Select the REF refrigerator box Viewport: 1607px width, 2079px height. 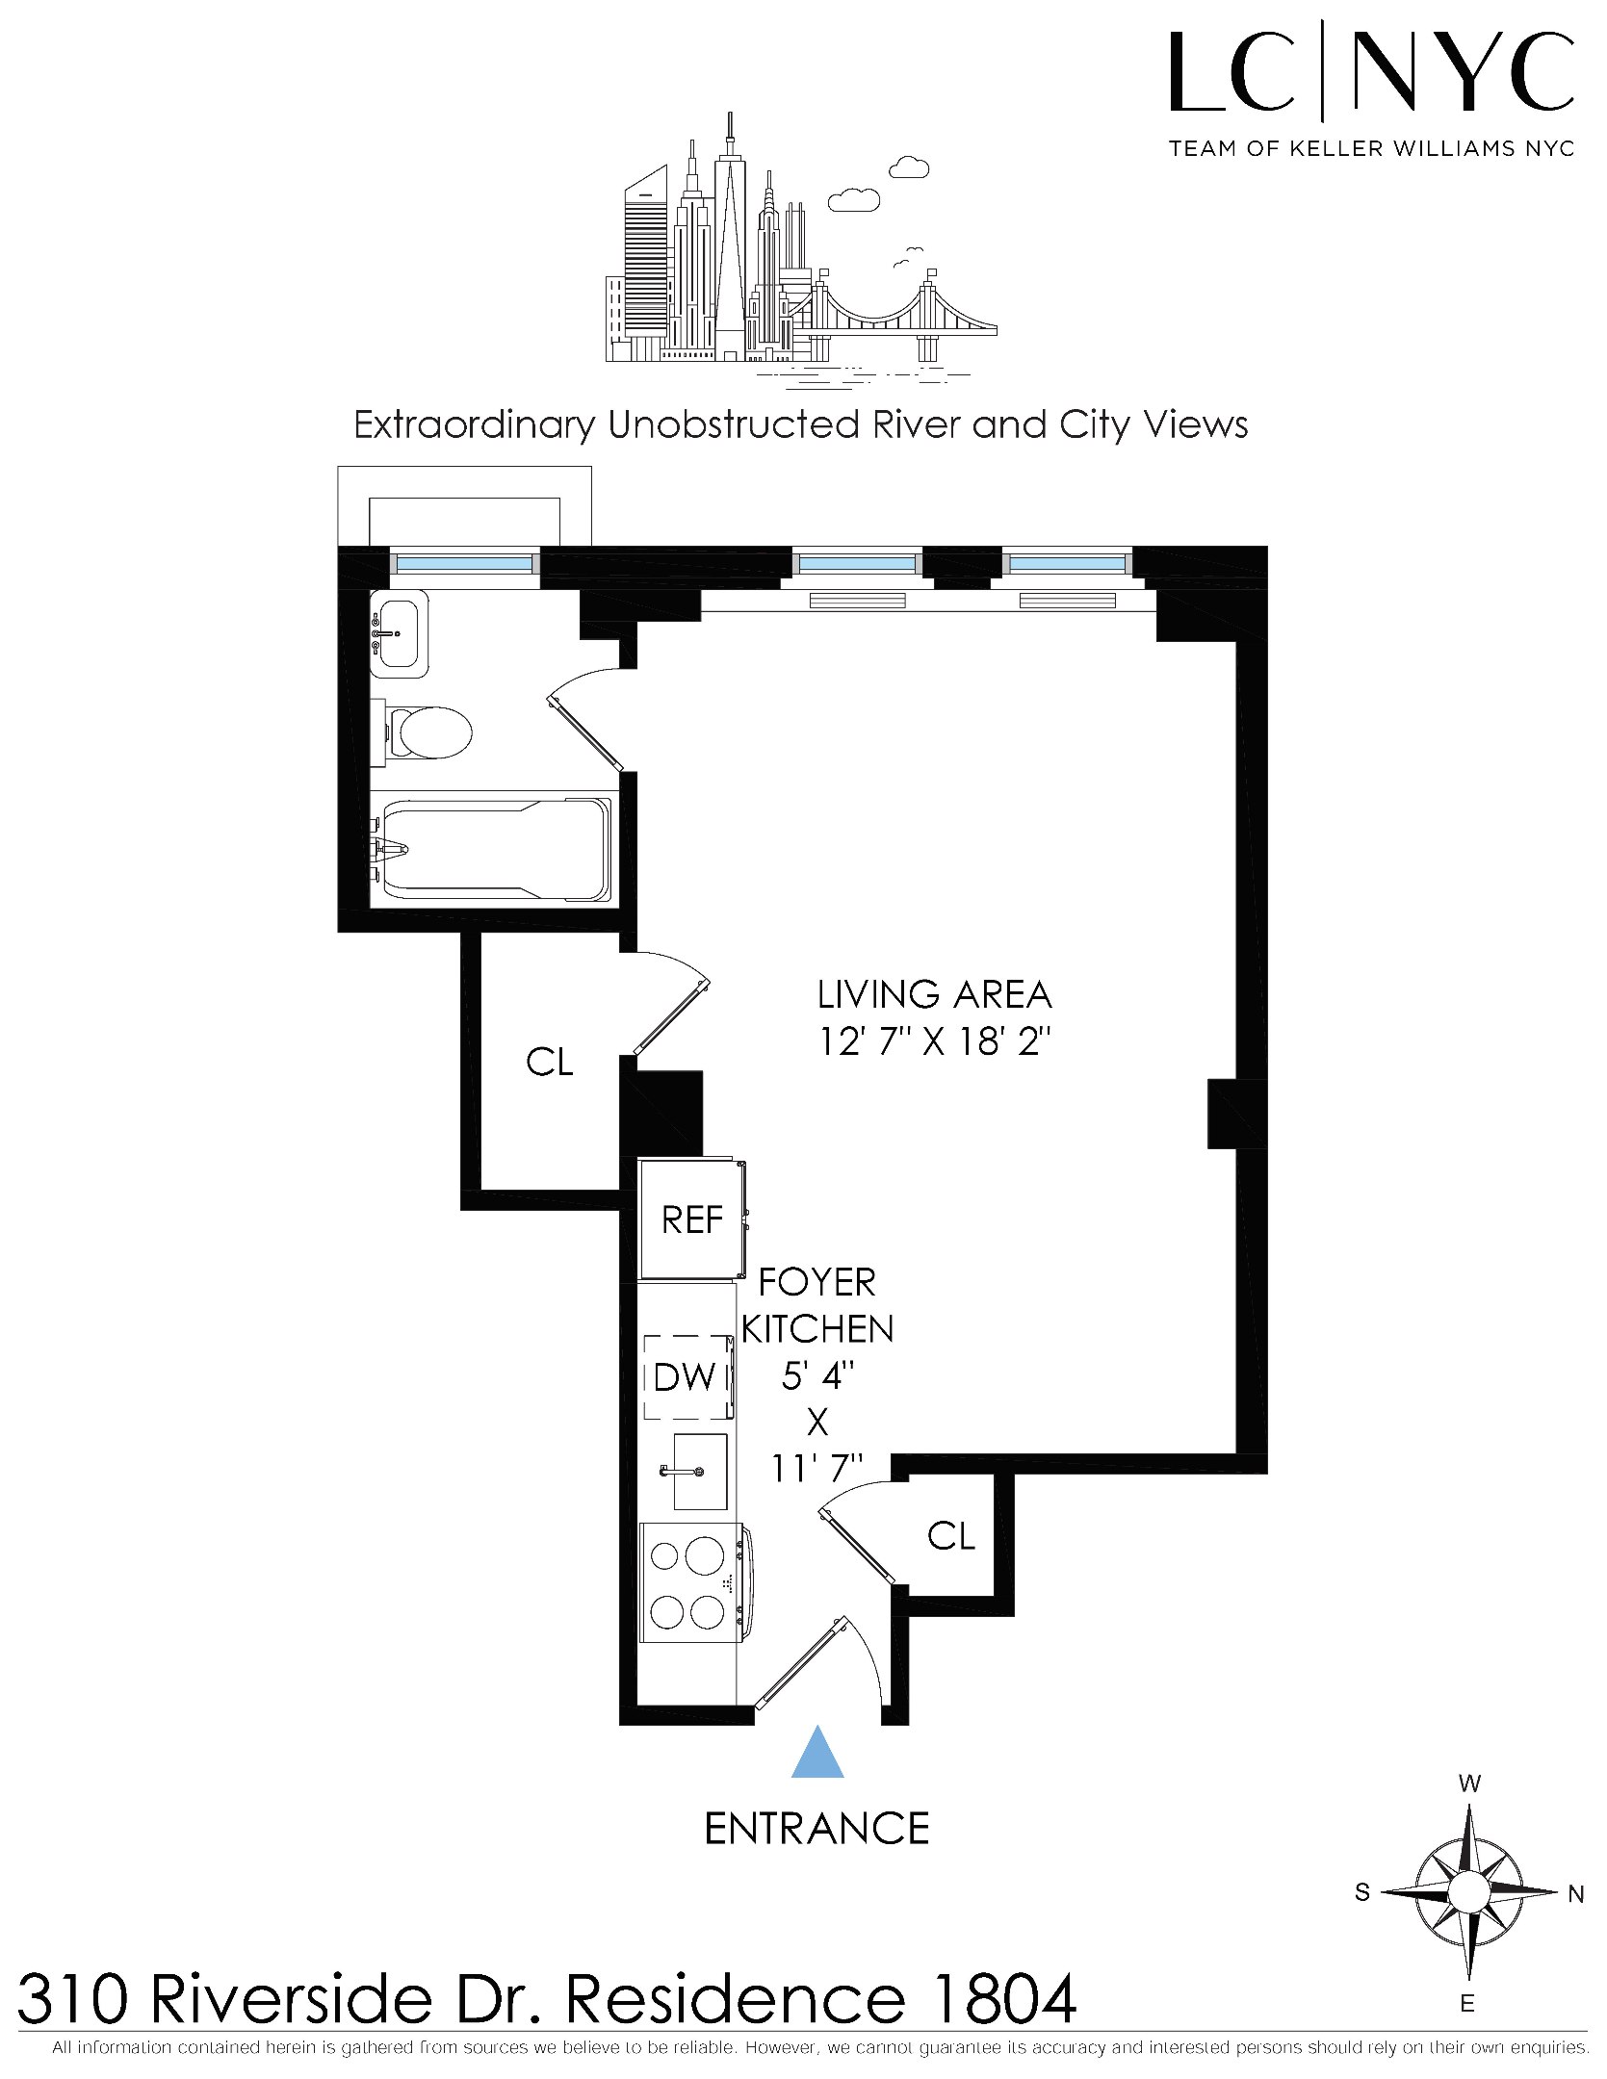pos(691,1220)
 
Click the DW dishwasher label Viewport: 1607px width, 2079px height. pos(684,1377)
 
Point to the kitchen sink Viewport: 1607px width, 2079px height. pos(699,1472)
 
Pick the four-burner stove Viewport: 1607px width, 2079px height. pos(691,1583)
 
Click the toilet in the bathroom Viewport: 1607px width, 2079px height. pos(429,733)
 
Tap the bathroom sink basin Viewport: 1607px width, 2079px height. pos(400,632)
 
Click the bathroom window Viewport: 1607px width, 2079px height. pos(465,564)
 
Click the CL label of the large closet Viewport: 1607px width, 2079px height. pos(549,1062)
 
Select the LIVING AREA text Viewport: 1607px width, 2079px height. pos(934,994)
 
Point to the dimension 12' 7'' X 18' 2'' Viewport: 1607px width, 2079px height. pos(934,1041)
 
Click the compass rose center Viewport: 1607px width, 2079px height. pos(1467,1891)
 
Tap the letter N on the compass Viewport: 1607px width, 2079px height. pos(1575,1894)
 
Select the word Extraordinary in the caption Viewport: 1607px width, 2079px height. pos(474,424)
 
